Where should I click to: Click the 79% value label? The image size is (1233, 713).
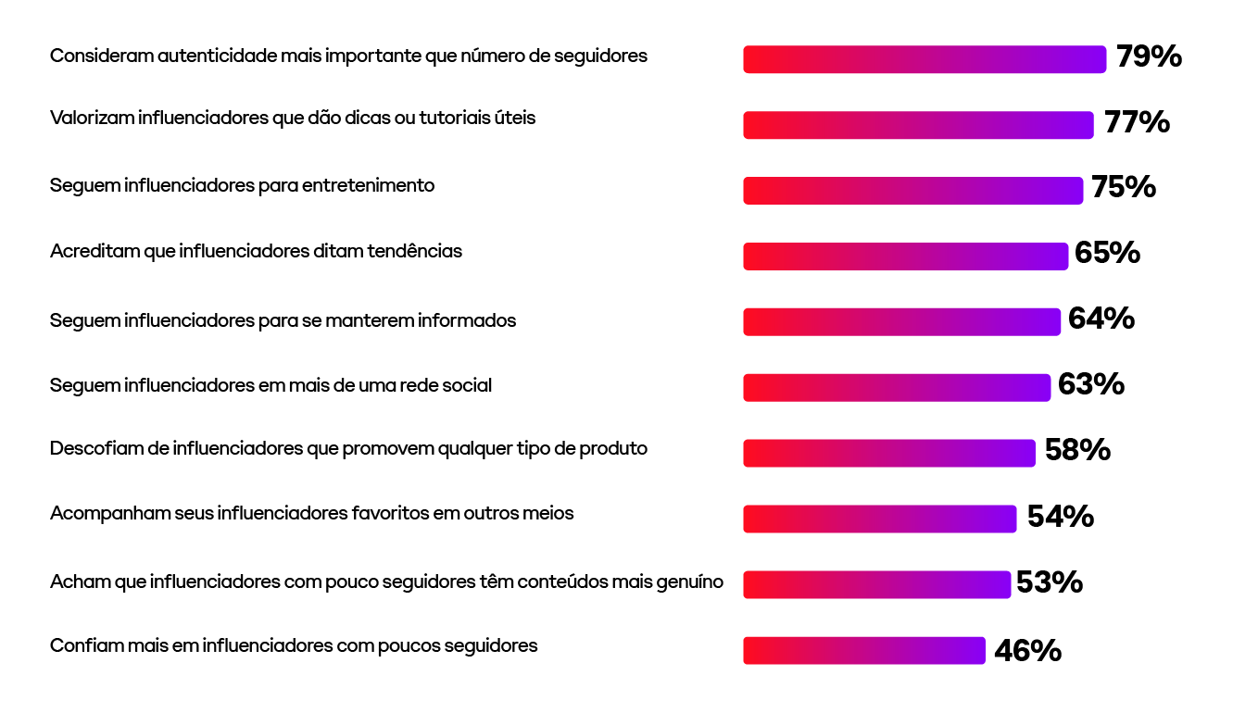(x=1149, y=56)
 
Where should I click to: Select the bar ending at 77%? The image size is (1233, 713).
(x=918, y=125)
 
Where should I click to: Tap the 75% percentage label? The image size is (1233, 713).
(x=1123, y=188)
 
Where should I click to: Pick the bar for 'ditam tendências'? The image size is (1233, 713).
(x=905, y=256)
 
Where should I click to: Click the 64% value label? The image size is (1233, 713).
(x=1101, y=319)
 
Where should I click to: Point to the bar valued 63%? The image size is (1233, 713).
(x=897, y=387)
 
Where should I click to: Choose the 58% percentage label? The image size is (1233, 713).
(x=1077, y=450)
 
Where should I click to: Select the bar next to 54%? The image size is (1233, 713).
(x=880, y=519)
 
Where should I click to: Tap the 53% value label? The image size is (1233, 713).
(x=1050, y=582)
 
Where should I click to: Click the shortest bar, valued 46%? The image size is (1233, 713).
(x=863, y=650)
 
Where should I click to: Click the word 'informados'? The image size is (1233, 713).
(x=467, y=320)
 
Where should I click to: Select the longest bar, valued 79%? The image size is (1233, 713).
(x=925, y=59)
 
